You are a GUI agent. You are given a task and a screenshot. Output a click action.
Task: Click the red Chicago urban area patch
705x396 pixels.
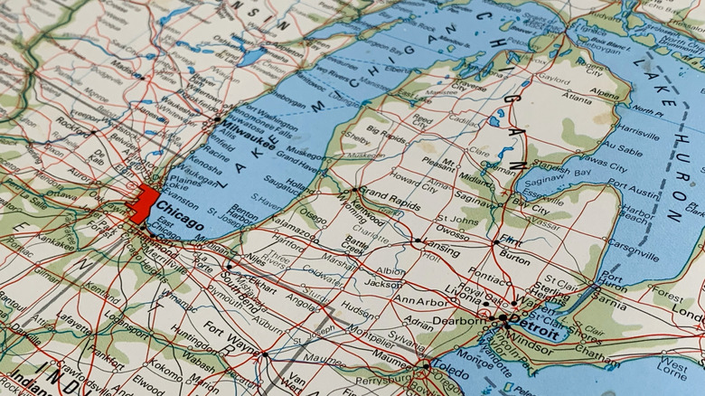[x=142, y=203]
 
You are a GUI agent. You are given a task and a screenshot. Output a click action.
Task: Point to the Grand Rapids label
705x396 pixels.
[x=388, y=196]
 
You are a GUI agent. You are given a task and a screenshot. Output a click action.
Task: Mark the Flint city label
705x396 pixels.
[x=511, y=241]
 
